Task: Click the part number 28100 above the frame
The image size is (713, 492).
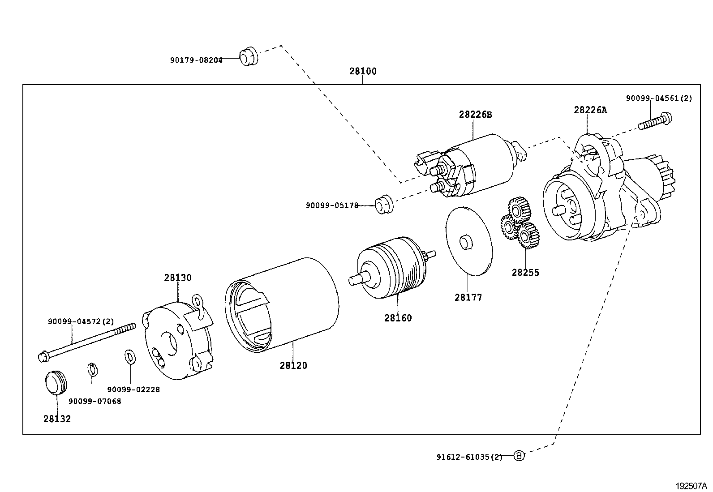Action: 363,71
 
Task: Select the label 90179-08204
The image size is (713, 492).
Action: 197,60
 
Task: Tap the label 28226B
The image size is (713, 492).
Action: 476,115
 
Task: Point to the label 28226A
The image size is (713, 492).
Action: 590,110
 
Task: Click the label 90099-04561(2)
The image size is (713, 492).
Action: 659,98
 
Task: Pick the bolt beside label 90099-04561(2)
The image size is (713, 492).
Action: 655,121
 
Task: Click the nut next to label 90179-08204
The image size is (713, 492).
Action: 249,56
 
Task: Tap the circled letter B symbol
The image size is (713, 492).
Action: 519,456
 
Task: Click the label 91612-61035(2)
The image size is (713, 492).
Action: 469,458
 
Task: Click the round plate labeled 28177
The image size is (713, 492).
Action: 469,241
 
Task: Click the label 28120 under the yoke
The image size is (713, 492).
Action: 293,366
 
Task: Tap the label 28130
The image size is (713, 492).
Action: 178,278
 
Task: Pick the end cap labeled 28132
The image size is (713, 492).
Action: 56,382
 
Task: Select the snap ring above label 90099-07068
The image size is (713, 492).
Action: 93,369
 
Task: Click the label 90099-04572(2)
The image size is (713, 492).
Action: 81,322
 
